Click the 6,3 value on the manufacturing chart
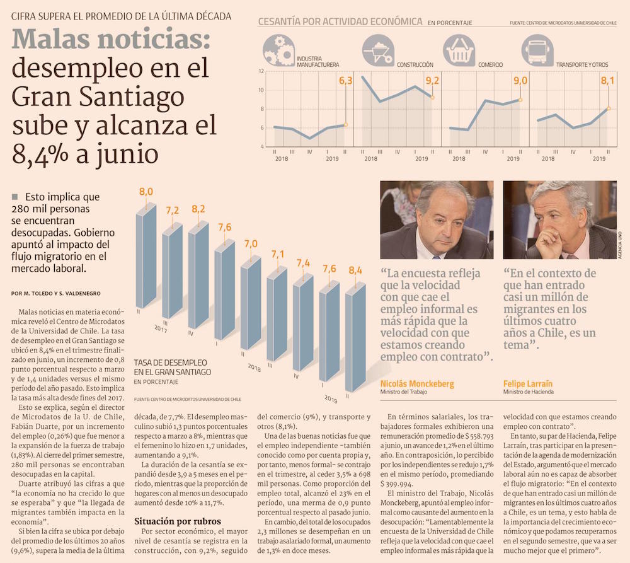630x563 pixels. [346, 81]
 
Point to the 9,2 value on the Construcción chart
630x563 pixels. [432, 81]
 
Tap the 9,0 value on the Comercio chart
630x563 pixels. [520, 81]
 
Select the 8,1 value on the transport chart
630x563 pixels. [607, 81]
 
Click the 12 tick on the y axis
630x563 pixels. [261, 71]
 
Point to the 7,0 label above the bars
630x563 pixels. [251, 243]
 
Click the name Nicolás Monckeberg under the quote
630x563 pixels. [417, 383]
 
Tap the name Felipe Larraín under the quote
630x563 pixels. [529, 383]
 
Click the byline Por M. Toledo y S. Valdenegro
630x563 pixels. [55, 293]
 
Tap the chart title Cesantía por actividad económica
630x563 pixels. [340, 21]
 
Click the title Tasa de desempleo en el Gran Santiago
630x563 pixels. [172, 368]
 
